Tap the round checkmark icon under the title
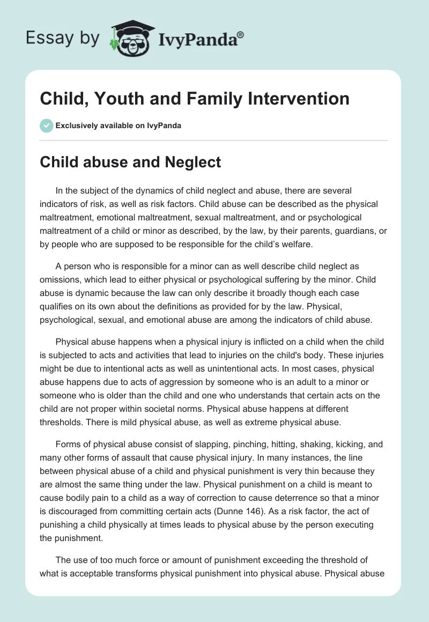[46, 125]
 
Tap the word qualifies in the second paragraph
[57, 306]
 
